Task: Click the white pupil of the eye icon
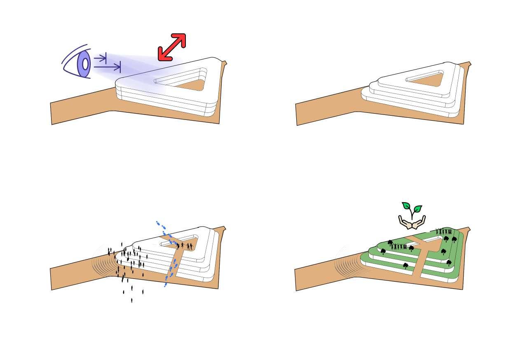(x=85, y=64)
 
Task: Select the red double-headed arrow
(x=172, y=47)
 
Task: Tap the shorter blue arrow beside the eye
(x=101, y=58)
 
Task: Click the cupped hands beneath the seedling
(x=412, y=223)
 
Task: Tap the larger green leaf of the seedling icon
(x=418, y=209)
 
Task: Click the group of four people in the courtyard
(x=184, y=246)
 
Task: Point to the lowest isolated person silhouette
(x=132, y=300)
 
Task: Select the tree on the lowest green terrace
(x=406, y=266)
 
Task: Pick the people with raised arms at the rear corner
(x=444, y=231)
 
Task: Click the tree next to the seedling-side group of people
(x=411, y=248)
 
